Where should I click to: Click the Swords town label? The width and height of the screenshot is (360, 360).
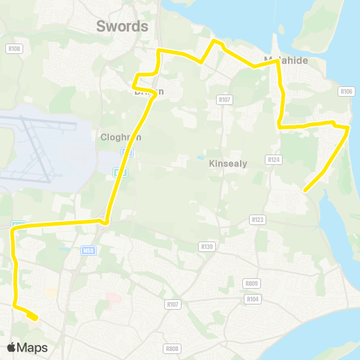click(x=122, y=26)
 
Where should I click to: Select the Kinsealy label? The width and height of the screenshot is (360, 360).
click(x=224, y=163)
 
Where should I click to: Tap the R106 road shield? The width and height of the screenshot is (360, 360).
click(x=346, y=91)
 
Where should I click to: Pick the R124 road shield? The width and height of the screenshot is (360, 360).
click(x=273, y=159)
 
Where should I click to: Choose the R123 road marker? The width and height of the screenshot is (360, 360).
click(x=258, y=219)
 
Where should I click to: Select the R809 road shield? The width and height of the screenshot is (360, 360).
click(x=251, y=283)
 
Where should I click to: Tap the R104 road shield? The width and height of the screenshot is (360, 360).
click(x=251, y=298)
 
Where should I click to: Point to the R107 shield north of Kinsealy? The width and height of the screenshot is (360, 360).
click(x=223, y=99)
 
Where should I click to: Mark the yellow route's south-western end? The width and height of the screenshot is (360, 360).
click(x=35, y=319)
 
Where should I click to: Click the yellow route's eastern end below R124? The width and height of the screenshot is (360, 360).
click(x=304, y=190)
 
